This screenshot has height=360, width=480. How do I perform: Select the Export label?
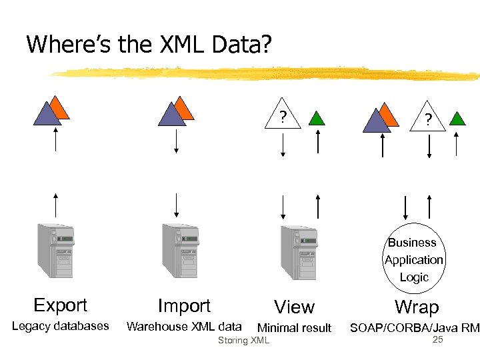click(x=60, y=305)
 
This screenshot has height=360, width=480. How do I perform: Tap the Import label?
click(x=184, y=306)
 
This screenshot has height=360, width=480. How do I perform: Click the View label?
click(x=294, y=307)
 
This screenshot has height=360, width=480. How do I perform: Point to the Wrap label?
click(x=417, y=307)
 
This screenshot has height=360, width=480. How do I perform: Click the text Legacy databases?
click(x=60, y=326)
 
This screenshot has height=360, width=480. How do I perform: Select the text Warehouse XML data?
click(x=184, y=326)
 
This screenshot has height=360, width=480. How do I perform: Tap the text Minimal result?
click(x=294, y=327)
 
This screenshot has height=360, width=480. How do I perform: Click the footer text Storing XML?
click(x=243, y=341)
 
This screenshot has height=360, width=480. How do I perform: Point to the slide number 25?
click(x=438, y=340)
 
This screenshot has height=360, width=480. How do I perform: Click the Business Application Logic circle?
click(x=413, y=259)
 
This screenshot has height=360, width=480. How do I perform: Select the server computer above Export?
click(x=56, y=251)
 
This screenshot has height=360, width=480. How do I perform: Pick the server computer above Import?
click(x=180, y=251)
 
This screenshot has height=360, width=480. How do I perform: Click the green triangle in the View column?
click(x=317, y=119)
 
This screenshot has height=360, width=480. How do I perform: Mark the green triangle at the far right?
click(x=457, y=119)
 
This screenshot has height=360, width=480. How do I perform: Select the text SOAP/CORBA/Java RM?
click(x=415, y=327)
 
